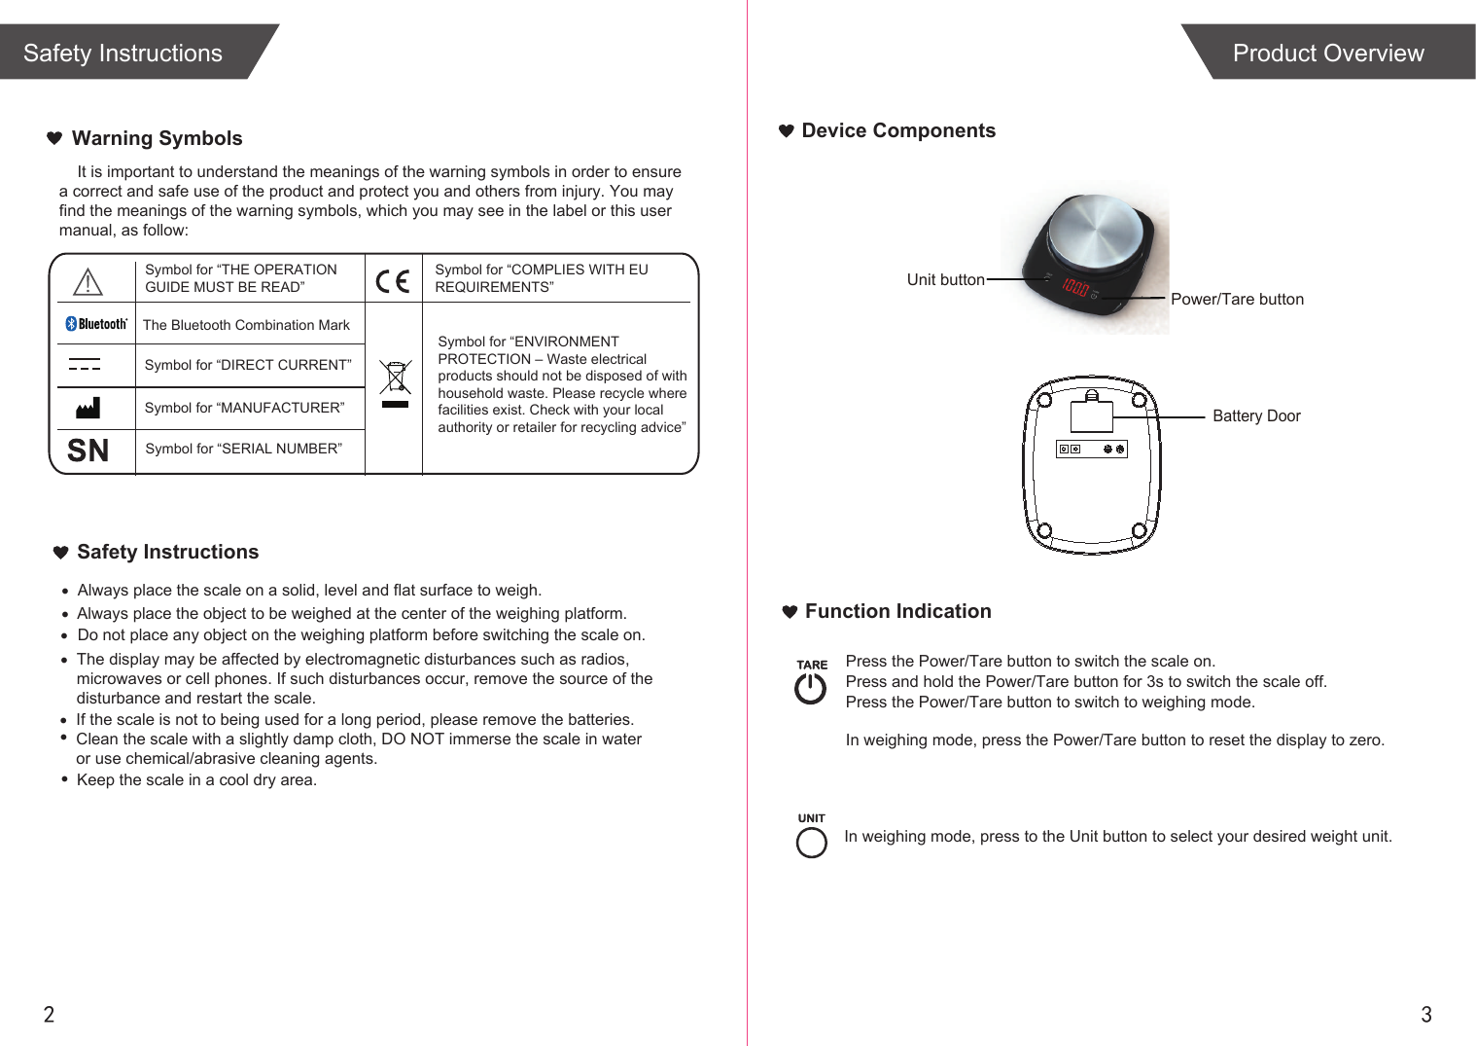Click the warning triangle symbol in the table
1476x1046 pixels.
coord(88,282)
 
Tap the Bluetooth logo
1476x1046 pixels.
coord(96,324)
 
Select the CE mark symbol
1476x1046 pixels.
coord(393,281)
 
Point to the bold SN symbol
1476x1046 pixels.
coord(88,451)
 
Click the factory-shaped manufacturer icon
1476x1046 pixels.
coord(88,408)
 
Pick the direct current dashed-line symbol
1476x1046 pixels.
coord(85,365)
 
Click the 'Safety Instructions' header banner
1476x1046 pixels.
coord(123,54)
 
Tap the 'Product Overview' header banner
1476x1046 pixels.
coord(1327,54)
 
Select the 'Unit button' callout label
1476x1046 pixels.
coord(945,280)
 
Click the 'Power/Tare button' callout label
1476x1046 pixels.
coord(1237,300)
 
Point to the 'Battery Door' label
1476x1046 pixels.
coord(1256,416)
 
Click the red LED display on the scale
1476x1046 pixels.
coord(1074,287)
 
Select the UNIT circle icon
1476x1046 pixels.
coord(811,842)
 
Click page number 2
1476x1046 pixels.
coord(49,1015)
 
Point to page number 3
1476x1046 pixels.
coord(1426,1015)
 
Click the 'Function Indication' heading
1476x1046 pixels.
coord(897,612)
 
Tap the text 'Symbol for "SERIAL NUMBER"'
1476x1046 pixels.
coord(243,449)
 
